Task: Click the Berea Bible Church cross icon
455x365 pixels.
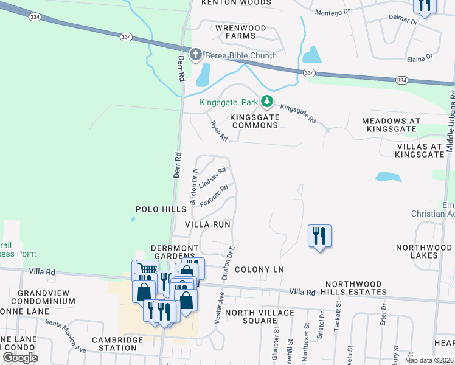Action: click(196, 55)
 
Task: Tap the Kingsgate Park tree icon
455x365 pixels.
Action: click(266, 101)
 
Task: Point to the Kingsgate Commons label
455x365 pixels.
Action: click(254, 120)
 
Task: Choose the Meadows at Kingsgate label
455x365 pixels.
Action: click(391, 125)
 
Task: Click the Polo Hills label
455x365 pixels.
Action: click(160, 209)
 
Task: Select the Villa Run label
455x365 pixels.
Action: click(207, 224)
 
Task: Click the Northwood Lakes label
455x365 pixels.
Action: click(425, 251)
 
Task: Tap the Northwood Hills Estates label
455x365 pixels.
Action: click(356, 288)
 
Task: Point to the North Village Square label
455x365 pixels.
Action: click(259, 316)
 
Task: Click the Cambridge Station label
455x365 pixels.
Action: click(114, 344)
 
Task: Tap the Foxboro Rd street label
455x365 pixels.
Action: click(214, 196)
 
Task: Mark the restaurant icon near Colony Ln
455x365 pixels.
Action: click(319, 235)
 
